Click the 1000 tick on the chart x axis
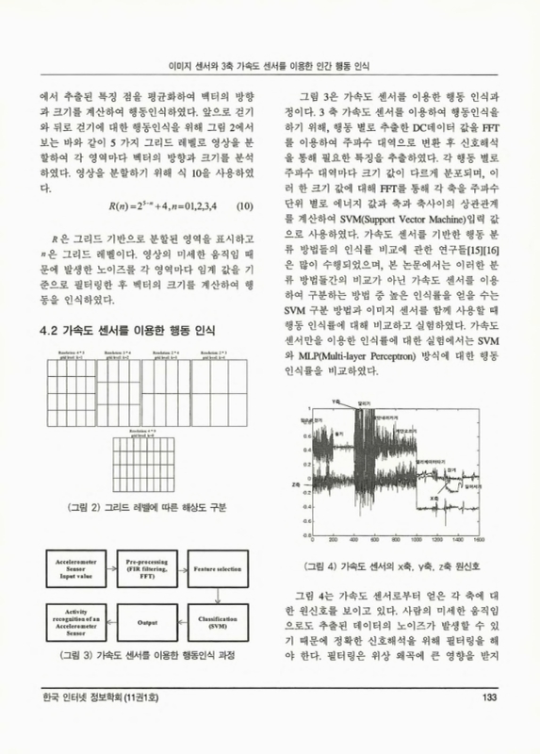point(417,541)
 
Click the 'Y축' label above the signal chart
point(335,402)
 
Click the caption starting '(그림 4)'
point(388,566)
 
